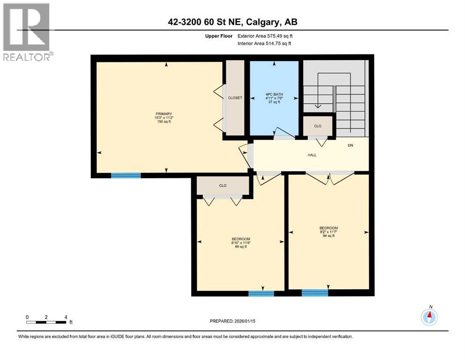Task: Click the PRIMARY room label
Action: pos(164,114)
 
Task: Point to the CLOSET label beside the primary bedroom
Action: pos(235,98)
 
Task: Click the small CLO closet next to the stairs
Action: pos(318,126)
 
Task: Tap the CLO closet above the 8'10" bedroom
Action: pos(223,186)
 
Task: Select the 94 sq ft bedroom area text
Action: pos(328,236)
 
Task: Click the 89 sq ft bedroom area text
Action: pos(241,247)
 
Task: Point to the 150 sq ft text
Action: pos(164,122)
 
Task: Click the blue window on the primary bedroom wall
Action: pos(125,175)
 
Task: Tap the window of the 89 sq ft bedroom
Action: pos(261,293)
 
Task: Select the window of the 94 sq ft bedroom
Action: pos(315,293)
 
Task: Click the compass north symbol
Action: pos(429,317)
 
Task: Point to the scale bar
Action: pos(46,322)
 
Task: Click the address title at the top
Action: pos(233,22)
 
